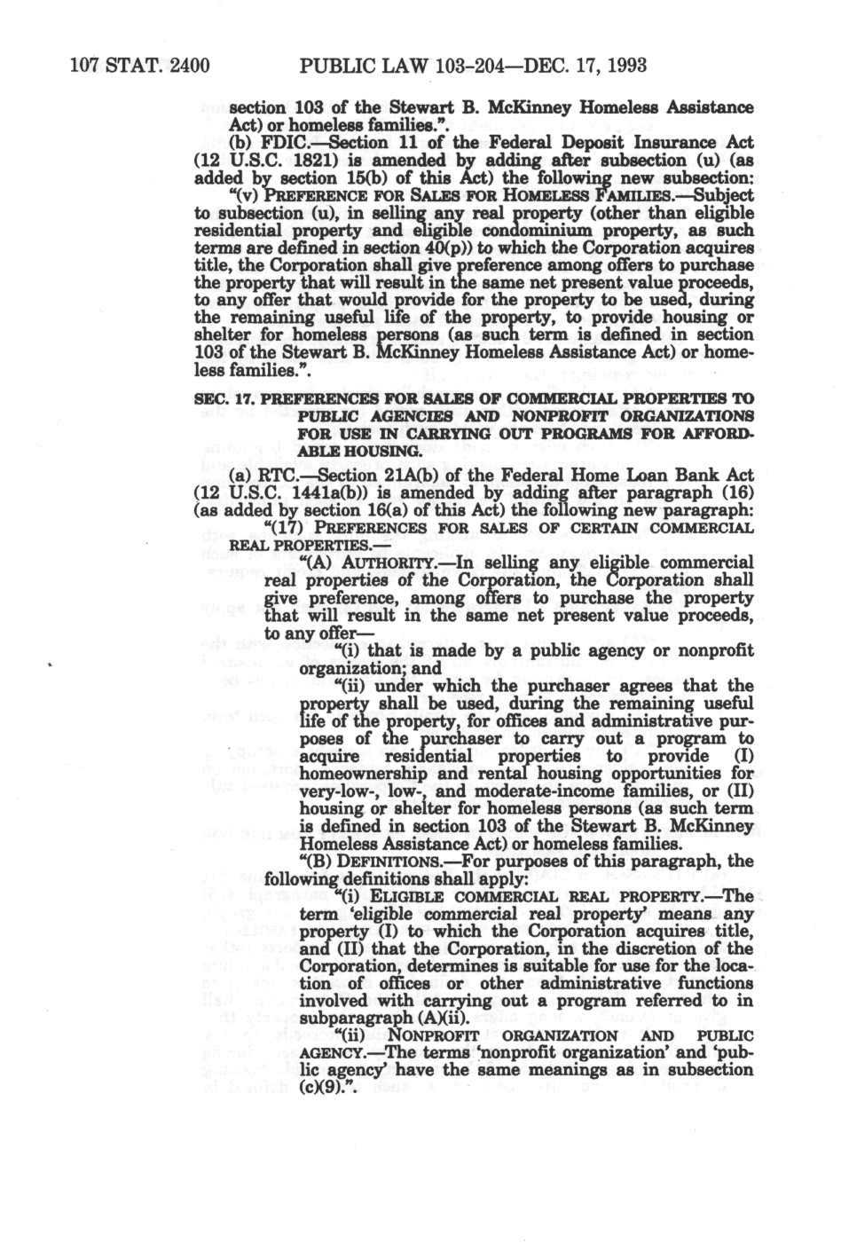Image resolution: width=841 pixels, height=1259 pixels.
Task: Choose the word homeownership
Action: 358,773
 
